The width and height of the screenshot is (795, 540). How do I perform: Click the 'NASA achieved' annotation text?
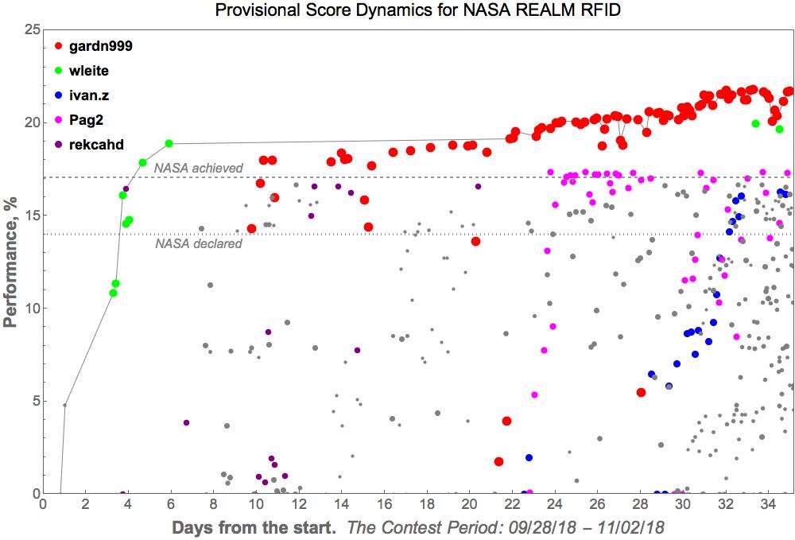point(187,167)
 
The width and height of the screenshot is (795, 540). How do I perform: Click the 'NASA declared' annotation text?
point(187,244)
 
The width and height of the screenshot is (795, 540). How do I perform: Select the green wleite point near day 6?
point(169,143)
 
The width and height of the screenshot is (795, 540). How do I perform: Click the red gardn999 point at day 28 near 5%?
point(641,392)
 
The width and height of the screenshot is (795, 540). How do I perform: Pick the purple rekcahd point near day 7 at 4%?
point(186,422)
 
